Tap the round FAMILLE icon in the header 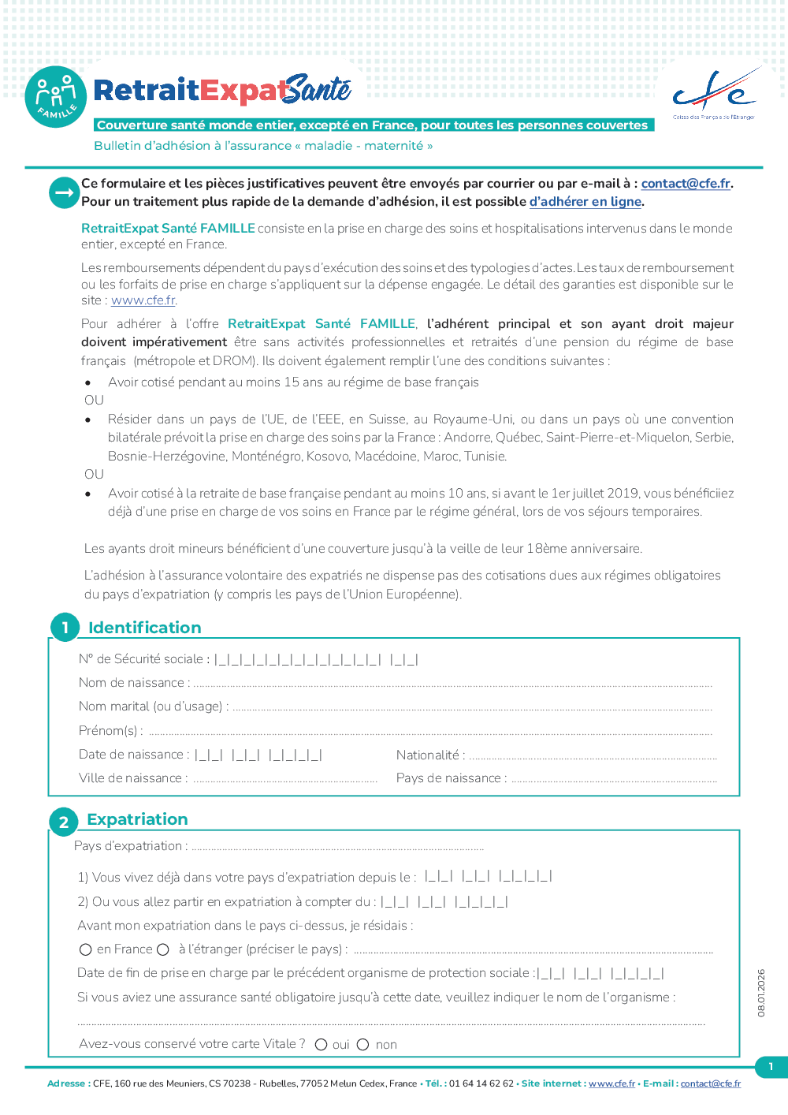pyautogui.click(x=55, y=97)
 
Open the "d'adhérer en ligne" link pyautogui.click(x=585, y=202)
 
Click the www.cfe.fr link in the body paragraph pyautogui.click(x=143, y=300)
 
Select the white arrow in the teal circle pyautogui.click(x=64, y=192)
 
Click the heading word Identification pyautogui.click(x=145, y=628)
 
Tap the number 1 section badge pyautogui.click(x=65, y=628)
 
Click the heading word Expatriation pyautogui.click(x=137, y=819)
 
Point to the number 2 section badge pyautogui.click(x=64, y=822)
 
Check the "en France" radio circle pyautogui.click(x=86, y=949)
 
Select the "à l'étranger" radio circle pyautogui.click(x=163, y=949)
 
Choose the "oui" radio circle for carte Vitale pyautogui.click(x=321, y=1045)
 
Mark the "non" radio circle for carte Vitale pyautogui.click(x=362, y=1045)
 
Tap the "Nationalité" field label pyautogui.click(x=428, y=755)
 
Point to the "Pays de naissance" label pyautogui.click(x=448, y=778)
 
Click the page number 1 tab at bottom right pyautogui.click(x=771, y=1067)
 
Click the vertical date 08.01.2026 pyautogui.click(x=761, y=993)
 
